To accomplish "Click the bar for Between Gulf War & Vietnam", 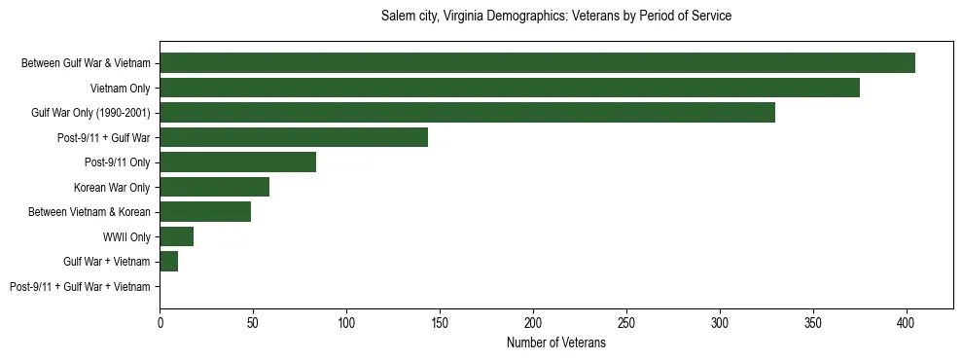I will (537, 63).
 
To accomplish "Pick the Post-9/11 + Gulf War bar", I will (294, 137).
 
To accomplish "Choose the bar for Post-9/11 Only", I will (237, 162).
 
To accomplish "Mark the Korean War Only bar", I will (214, 187).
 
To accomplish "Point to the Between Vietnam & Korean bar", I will (205, 212).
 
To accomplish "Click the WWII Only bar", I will (176, 236).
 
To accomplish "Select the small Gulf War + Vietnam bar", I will (168, 262).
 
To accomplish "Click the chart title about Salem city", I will (555, 17).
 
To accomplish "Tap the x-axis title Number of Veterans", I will (555, 343).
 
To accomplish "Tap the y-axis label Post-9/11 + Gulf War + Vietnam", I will (80, 287).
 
